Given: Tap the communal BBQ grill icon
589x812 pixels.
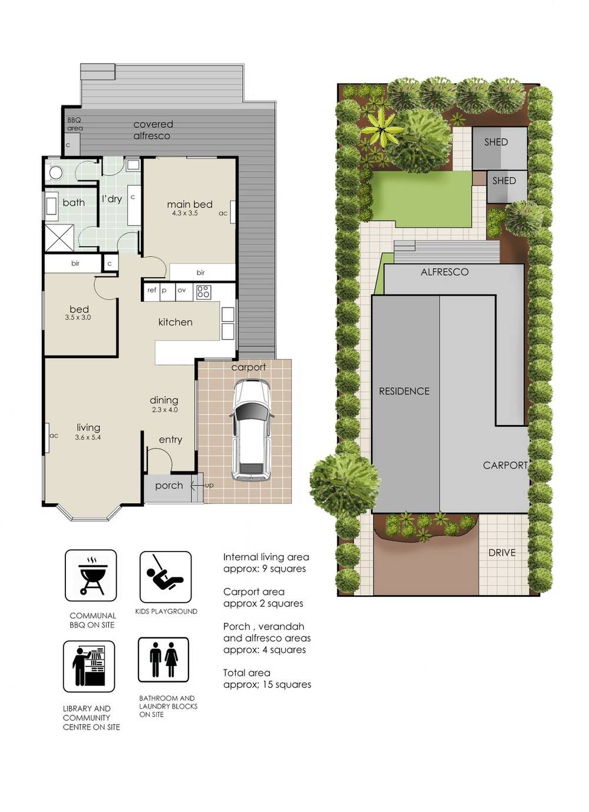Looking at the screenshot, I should point(91,575).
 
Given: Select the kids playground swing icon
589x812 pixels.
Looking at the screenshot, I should point(166,576).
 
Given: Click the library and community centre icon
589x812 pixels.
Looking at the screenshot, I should point(89,666).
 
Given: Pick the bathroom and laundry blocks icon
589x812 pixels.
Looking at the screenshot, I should point(163,659).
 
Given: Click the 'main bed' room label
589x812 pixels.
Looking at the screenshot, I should point(190,204).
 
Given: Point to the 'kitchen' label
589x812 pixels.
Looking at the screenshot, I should point(176,322).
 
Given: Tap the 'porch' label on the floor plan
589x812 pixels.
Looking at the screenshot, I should point(169,486).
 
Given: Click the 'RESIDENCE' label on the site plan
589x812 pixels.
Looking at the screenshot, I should point(404,391).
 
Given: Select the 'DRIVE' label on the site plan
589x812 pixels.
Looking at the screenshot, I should point(502,553).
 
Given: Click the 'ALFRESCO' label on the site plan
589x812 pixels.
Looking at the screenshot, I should point(445,272).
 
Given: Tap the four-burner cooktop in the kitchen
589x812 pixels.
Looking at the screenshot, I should point(204,291).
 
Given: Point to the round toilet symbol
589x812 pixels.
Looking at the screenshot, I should point(56,173).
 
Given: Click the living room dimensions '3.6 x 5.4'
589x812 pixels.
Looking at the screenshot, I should point(88,437).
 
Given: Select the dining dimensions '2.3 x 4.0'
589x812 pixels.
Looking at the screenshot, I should point(164,410).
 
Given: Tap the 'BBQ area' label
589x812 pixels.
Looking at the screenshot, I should point(75,124).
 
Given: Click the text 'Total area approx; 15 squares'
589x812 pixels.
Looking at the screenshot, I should point(267,679).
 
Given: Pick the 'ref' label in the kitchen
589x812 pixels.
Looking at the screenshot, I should point(152,290).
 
